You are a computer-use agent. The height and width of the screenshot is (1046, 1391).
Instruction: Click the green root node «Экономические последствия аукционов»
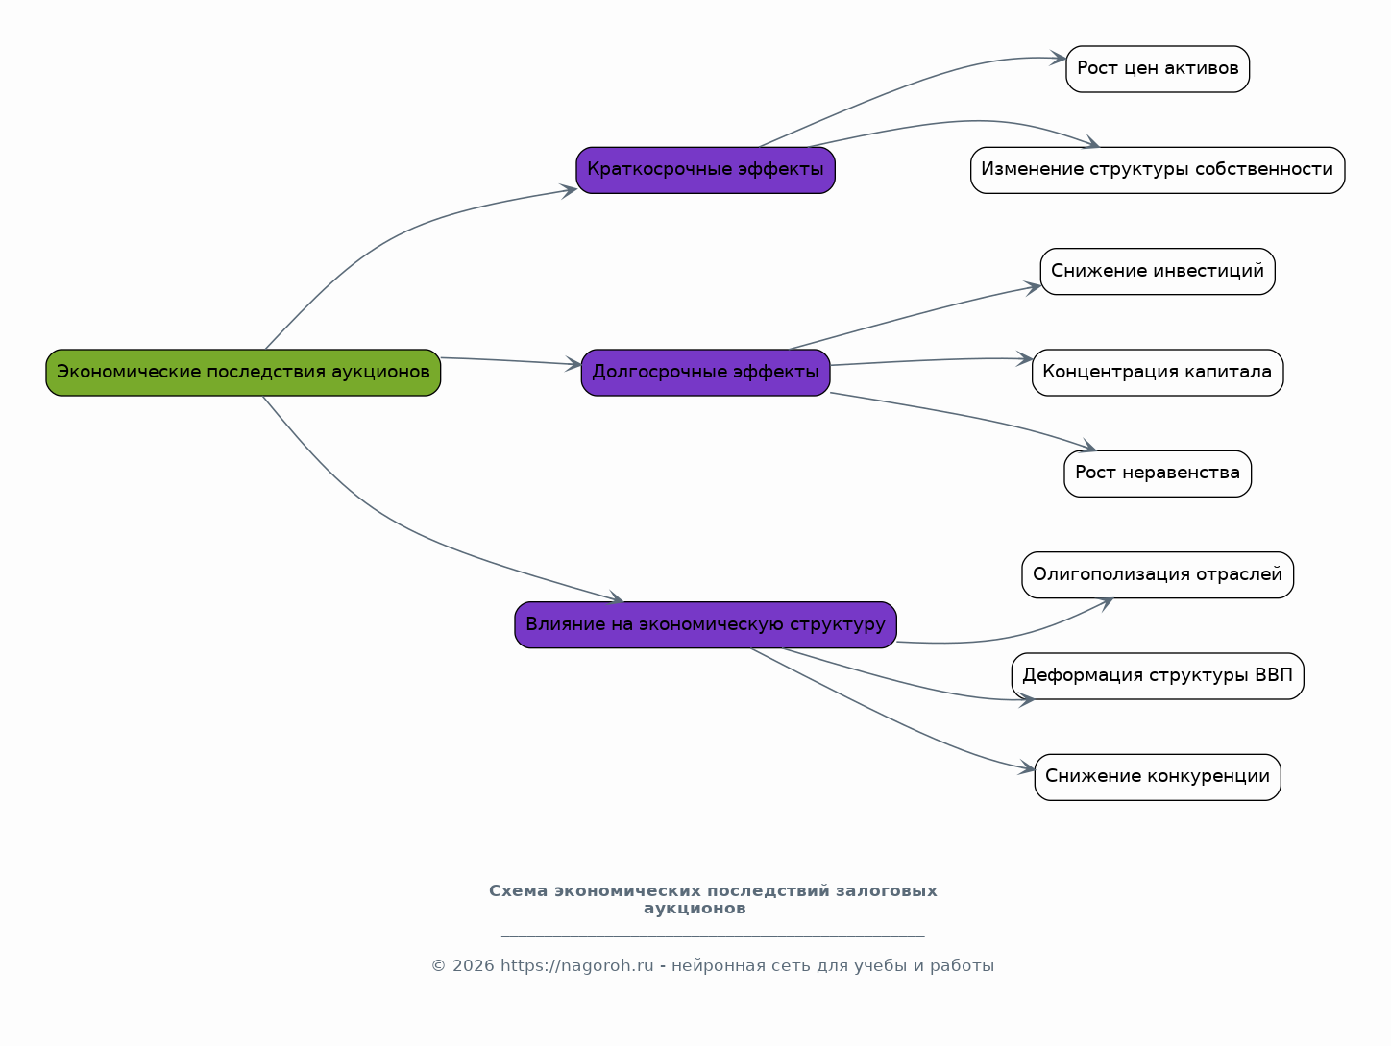pos(243,373)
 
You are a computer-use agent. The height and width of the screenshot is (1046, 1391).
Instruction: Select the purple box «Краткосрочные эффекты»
pos(705,170)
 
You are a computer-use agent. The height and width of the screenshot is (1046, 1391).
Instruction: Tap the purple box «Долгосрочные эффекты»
pos(705,373)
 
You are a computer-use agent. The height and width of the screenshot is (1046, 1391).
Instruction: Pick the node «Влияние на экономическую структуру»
pos(705,625)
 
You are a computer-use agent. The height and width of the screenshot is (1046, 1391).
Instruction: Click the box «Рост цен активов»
pos(1158,69)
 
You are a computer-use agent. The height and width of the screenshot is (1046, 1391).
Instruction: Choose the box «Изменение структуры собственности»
pos(1158,170)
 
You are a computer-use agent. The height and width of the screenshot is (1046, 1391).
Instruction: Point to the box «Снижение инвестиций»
pos(1158,272)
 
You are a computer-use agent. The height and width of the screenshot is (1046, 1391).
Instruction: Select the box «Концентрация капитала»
pos(1158,373)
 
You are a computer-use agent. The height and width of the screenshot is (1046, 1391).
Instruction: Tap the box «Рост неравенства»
pos(1158,474)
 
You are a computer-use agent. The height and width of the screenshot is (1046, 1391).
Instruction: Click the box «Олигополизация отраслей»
pos(1158,574)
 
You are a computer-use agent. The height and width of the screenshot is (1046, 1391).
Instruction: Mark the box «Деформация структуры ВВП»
pos(1158,676)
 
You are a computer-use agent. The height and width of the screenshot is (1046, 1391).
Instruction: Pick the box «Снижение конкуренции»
pos(1158,777)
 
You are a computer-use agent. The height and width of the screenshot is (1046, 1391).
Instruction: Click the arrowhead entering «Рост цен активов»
pos(1059,59)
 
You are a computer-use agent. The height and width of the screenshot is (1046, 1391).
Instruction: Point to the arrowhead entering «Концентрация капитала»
pos(1025,358)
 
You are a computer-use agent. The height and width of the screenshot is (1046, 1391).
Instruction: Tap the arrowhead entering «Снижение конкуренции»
pos(1027,768)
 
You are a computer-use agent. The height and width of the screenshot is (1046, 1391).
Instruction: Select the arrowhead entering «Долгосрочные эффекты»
pos(574,364)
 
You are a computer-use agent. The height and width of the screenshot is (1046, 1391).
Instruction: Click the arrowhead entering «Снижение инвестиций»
pos(1033,287)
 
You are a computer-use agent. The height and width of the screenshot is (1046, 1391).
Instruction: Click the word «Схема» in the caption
pos(518,890)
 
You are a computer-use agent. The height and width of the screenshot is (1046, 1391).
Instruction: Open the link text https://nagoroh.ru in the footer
pos(576,965)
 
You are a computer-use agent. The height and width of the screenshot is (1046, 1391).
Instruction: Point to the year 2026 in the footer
pos(473,965)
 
